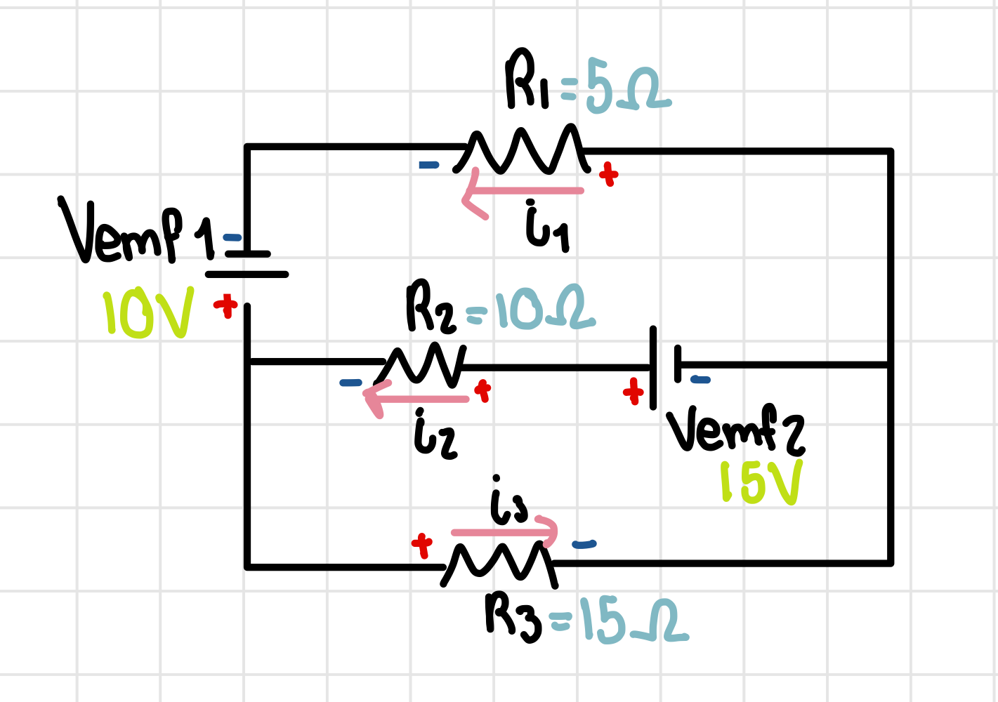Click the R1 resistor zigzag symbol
[x=523, y=150]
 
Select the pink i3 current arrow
[x=506, y=532]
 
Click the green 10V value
[x=147, y=315]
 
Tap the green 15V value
[x=760, y=483]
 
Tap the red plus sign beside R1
[x=608, y=174]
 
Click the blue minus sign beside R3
[x=584, y=544]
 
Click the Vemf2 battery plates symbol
[x=665, y=366]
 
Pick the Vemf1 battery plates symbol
[x=247, y=264]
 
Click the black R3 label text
[x=513, y=616]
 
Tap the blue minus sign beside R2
[x=350, y=383]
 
